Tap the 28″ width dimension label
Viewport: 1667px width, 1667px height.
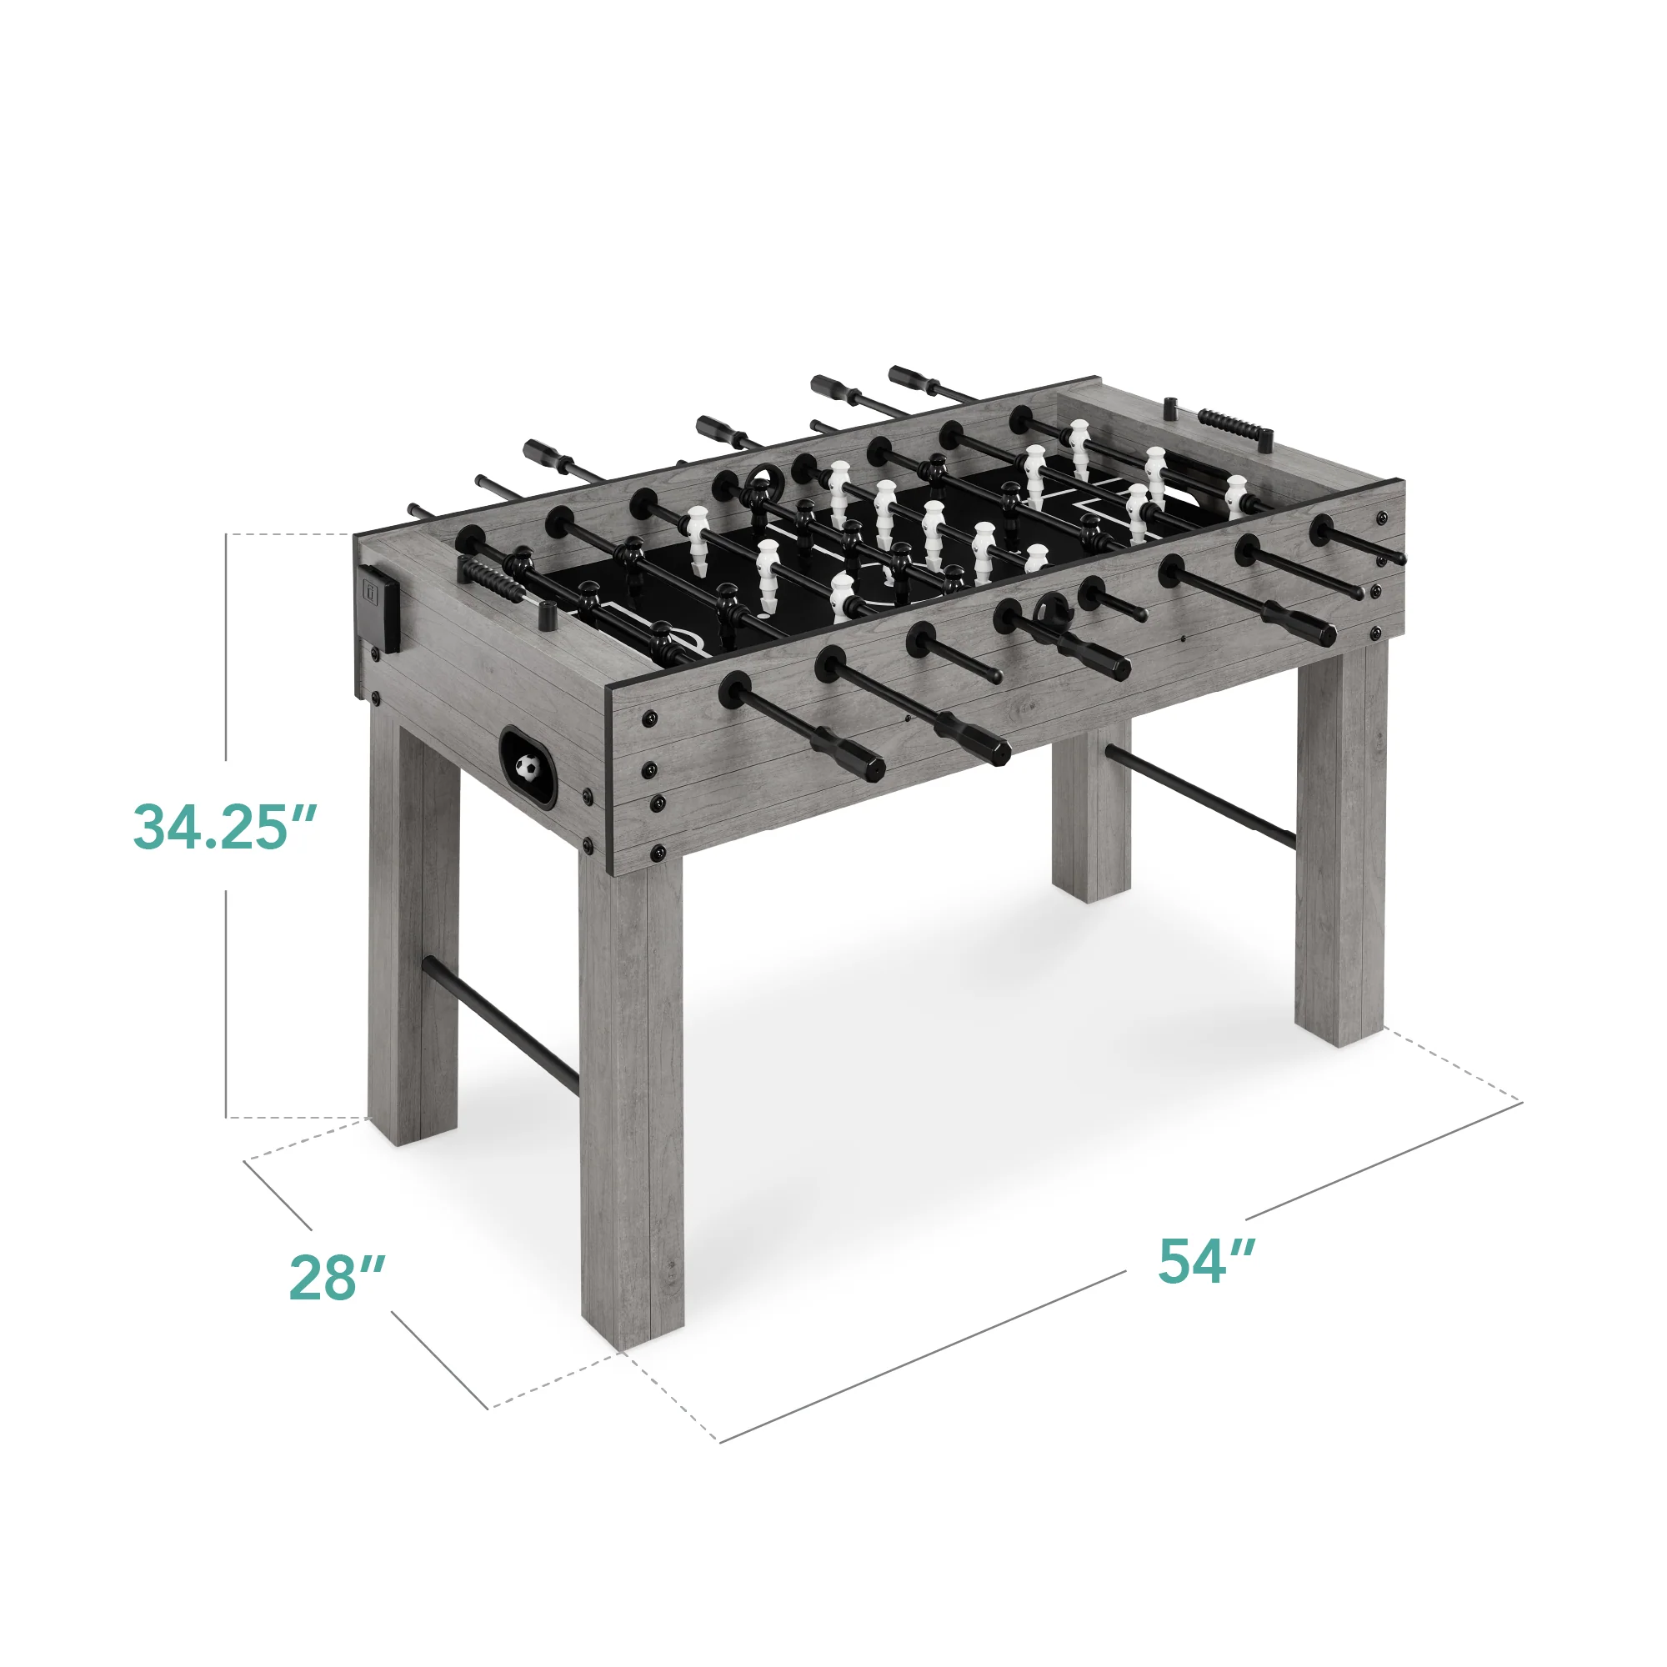coord(337,1278)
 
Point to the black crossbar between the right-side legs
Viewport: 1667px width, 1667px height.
coord(1199,796)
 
